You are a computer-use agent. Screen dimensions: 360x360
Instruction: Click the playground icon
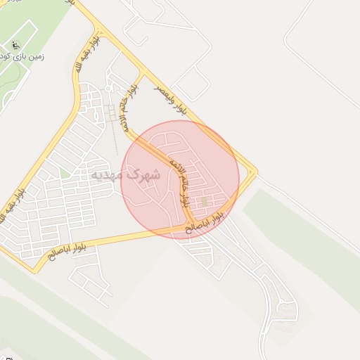point(16,46)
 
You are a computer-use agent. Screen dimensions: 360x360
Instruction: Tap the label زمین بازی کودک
point(24,57)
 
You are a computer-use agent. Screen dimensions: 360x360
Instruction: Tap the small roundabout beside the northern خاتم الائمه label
point(109,87)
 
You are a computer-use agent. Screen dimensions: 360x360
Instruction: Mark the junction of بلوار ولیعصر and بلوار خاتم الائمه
point(144,72)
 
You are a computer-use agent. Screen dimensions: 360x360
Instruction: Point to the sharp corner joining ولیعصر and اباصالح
point(255,172)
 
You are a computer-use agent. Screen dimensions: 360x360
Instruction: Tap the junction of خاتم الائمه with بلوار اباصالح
point(191,227)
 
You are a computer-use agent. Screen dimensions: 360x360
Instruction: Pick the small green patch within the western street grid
point(65,173)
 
